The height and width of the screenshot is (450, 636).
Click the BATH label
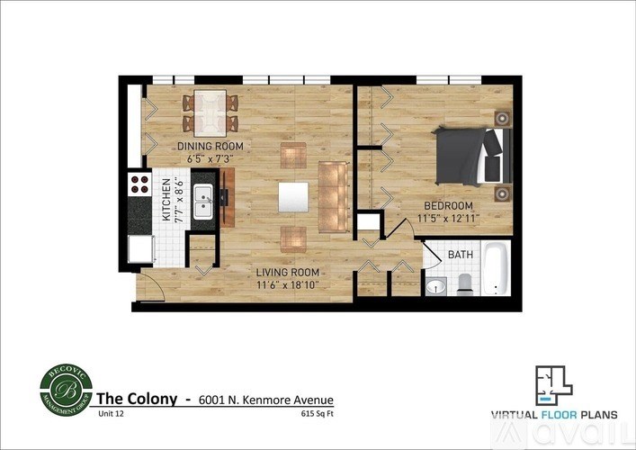(461, 255)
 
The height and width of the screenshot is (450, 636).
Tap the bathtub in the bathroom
(496, 268)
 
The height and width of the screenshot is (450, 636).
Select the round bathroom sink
(435, 287)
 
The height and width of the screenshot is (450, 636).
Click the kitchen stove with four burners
(139, 184)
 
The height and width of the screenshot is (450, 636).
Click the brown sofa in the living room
(334, 196)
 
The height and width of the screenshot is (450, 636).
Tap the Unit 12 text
(108, 415)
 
